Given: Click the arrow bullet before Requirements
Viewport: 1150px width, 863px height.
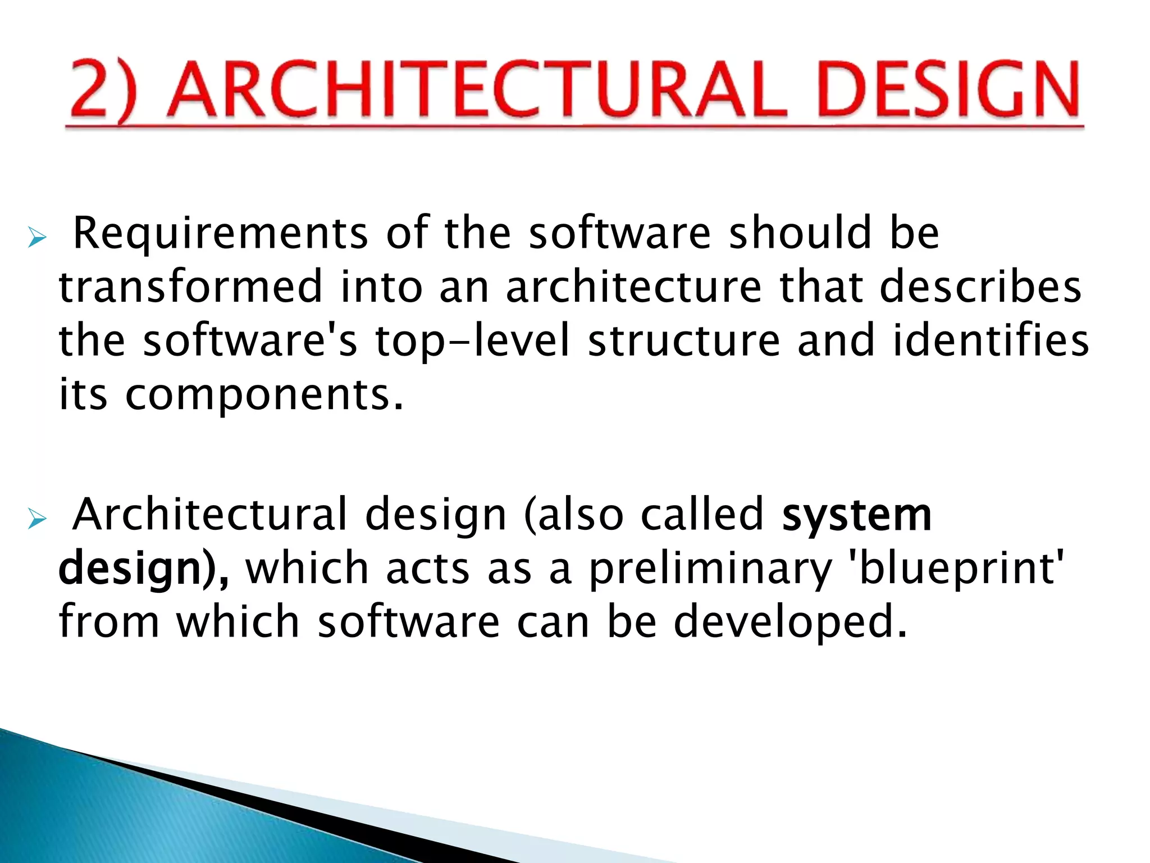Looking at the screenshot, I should (37, 239).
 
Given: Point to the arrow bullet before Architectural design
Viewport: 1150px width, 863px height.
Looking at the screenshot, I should (37, 520).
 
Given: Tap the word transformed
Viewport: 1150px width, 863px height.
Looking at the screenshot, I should (191, 287).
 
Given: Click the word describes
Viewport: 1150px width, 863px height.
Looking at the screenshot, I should (980, 287).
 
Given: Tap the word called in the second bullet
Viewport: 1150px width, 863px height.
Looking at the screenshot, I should (701, 514).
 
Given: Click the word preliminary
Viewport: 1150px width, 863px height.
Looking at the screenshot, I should (710, 569).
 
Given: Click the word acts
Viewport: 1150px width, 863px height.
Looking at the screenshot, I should (427, 569).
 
